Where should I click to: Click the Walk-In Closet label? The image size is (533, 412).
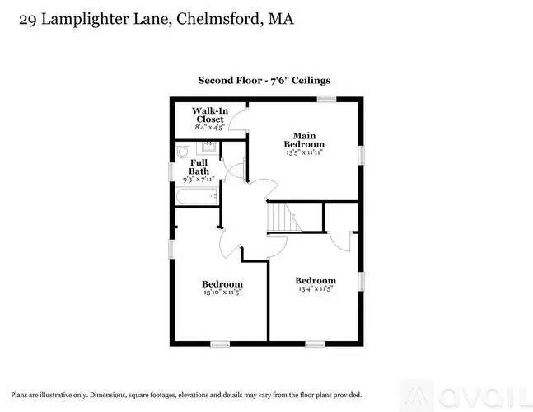(x=210, y=115)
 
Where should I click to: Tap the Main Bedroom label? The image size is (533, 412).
(x=304, y=140)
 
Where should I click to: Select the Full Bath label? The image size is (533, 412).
(x=199, y=167)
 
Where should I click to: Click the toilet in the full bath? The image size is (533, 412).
(x=183, y=151)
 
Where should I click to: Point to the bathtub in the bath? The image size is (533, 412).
(x=197, y=196)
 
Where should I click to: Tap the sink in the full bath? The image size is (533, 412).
(x=208, y=147)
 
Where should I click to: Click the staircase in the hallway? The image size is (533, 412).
(x=284, y=217)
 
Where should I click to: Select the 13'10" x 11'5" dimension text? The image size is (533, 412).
(x=222, y=292)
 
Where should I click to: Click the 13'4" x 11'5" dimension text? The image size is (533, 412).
(x=316, y=288)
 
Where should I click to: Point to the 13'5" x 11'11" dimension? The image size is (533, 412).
(x=304, y=152)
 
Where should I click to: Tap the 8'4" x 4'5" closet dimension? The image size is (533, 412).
(x=210, y=127)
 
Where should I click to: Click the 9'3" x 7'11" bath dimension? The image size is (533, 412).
(x=199, y=179)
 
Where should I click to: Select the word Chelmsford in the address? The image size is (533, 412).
(x=217, y=19)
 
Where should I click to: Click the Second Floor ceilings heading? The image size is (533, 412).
(x=264, y=81)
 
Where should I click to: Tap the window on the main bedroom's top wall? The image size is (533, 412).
(x=327, y=99)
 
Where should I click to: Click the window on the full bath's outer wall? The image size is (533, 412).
(x=172, y=171)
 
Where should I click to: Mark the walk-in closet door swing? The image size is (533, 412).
(x=238, y=120)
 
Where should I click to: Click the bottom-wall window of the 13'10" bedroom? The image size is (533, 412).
(x=220, y=344)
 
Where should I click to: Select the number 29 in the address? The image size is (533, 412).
(x=27, y=20)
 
